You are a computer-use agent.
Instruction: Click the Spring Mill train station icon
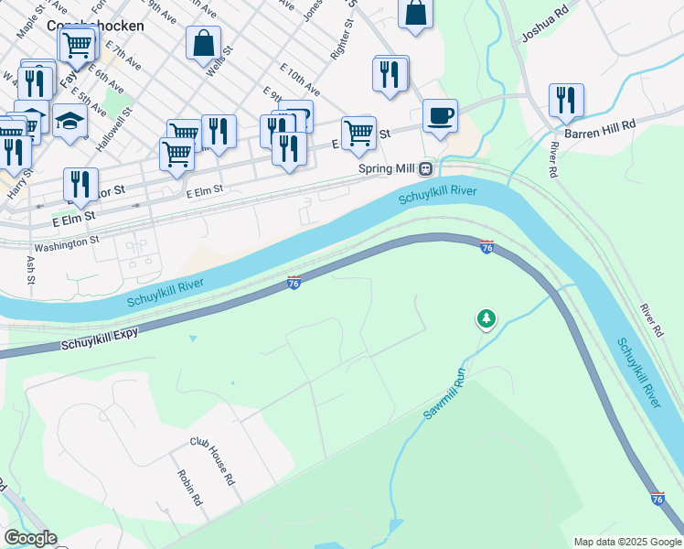coord(425,169)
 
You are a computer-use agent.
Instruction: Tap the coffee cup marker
coord(440,116)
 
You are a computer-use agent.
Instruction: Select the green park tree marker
coord(486,319)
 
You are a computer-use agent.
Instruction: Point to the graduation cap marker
coord(69,121)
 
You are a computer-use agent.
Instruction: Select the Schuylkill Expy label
coord(101,339)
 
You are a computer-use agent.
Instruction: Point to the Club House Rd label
coord(213,460)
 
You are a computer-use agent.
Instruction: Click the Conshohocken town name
coord(95,26)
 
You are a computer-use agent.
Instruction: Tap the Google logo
coord(30,539)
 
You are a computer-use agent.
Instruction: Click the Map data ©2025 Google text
coord(626,542)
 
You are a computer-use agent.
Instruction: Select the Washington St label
coord(66,244)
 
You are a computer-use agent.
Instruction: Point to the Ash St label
coord(31,269)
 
